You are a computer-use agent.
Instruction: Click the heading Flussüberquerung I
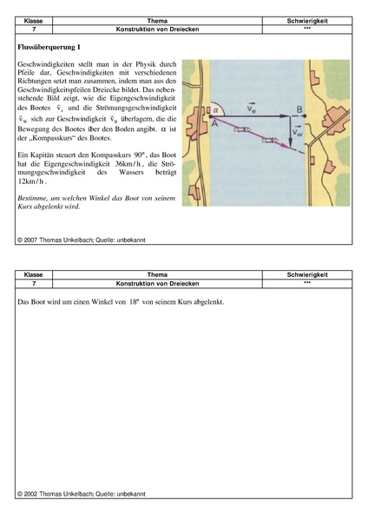49,47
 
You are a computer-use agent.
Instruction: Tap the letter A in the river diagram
214,123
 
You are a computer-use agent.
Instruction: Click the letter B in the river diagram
299,109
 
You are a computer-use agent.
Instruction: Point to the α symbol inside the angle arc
216,109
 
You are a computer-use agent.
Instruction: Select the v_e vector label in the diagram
252,108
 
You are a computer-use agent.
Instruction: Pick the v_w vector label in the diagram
298,132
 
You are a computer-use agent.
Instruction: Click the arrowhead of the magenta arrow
288,145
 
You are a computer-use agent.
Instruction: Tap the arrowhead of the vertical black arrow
291,143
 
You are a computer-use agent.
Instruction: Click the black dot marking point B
305,116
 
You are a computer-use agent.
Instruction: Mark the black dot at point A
210,116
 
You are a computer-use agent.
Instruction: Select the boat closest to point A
242,129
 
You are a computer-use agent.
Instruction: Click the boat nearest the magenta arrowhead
270,140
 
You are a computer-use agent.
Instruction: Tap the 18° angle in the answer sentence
134,302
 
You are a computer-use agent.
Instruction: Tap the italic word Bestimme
31,198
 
